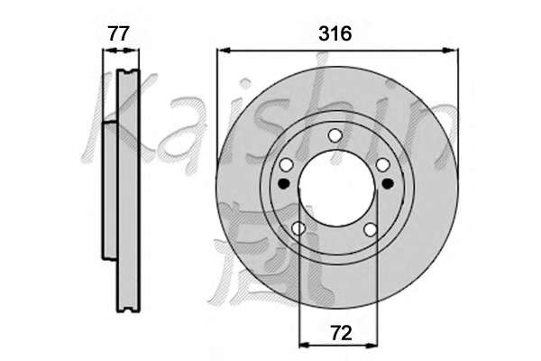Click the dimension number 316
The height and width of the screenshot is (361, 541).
pos(335,33)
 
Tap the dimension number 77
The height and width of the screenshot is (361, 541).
pos(119,33)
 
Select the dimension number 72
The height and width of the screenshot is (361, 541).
pos(341,333)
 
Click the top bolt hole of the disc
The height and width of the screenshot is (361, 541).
pos(335,135)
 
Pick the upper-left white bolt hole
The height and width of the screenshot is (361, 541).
pos(286,165)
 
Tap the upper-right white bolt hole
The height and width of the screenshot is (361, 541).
pos(382,165)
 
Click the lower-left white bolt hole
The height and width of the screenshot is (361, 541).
pos(298,228)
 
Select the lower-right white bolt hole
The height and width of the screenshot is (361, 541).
pos(371,229)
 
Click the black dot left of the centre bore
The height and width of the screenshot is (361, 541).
pos(284,183)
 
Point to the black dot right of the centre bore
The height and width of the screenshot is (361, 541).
pos(388,183)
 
